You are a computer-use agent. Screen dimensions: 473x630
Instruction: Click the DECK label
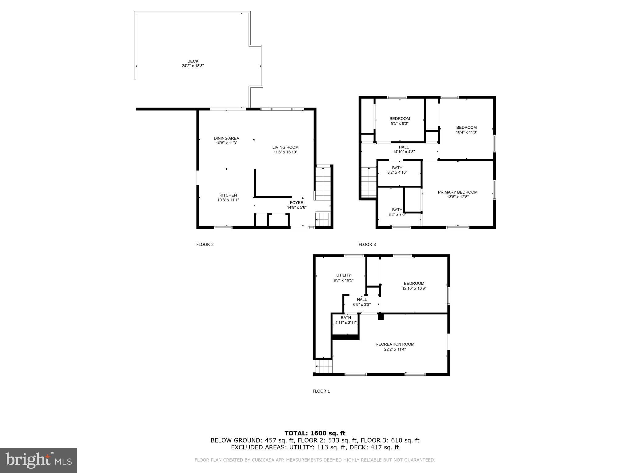pos(193,61)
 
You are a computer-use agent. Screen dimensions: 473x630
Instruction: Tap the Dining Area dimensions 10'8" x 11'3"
pos(226,143)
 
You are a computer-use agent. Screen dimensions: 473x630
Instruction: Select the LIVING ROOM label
pos(285,147)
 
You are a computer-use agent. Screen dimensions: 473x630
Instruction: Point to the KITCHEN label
pos(228,195)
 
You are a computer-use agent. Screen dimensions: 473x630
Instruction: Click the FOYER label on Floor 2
pos(297,203)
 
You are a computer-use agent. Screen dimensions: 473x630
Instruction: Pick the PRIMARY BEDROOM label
pos(457,192)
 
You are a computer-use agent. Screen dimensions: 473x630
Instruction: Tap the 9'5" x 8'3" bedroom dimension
pos(400,123)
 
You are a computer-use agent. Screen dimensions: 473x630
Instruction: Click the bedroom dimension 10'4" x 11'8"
pos(466,132)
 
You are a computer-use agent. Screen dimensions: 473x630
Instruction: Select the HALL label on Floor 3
pos(404,147)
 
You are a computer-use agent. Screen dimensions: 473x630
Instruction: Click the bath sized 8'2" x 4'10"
pos(397,172)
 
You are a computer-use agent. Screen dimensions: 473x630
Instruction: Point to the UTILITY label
pos(343,275)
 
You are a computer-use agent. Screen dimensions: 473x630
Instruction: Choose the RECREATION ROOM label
pos(395,344)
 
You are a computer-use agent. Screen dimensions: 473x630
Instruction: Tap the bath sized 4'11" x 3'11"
pos(345,323)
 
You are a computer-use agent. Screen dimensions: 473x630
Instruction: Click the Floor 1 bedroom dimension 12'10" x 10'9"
pos(414,289)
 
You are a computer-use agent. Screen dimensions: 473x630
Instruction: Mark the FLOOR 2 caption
pos(205,245)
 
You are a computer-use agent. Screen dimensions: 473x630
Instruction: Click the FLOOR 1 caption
pos(321,391)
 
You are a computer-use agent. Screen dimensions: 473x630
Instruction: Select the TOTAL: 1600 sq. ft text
pos(315,433)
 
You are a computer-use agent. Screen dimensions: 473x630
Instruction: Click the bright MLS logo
pos(38,460)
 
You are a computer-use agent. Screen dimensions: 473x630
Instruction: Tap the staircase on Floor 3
pos(369,182)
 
